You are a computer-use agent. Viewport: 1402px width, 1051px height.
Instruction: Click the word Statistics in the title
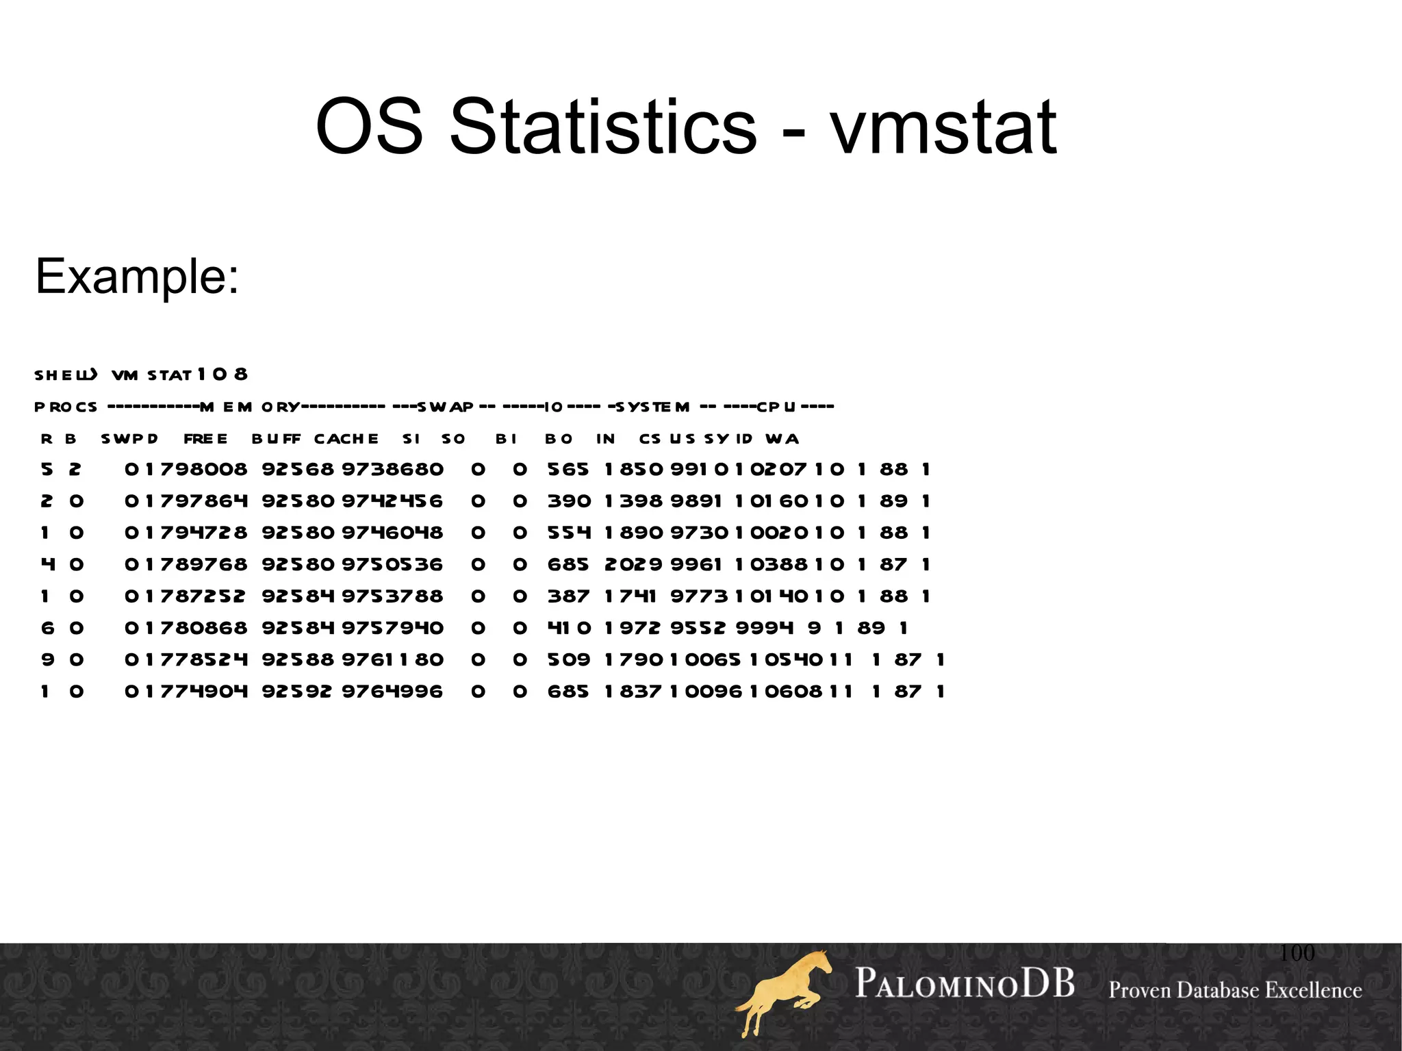point(603,127)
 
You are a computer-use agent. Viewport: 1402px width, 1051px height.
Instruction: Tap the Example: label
point(137,277)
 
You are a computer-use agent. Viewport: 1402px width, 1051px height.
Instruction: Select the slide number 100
point(1297,952)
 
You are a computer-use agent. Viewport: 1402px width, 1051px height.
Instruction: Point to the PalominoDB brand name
point(964,984)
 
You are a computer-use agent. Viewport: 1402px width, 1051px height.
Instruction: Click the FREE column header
point(205,439)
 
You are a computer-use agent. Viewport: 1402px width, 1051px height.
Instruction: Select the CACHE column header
point(346,439)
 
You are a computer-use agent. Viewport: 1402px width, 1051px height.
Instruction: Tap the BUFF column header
point(276,439)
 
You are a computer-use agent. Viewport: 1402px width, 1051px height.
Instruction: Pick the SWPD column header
point(129,439)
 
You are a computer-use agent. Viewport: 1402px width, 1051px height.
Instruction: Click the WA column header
point(782,439)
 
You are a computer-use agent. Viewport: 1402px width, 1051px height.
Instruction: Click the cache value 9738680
point(392,470)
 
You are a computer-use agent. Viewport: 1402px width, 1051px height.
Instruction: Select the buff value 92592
point(297,692)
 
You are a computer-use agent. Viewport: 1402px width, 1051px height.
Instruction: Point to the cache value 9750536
point(392,565)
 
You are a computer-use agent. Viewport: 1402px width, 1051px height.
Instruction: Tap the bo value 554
point(568,533)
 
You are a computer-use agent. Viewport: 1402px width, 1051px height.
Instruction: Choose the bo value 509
point(568,660)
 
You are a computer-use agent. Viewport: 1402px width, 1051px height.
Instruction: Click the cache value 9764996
point(392,692)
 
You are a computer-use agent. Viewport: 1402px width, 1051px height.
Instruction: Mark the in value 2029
point(633,565)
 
